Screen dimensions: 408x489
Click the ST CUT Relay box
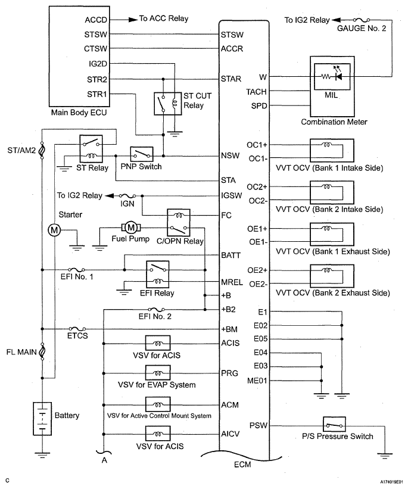pyautogui.click(x=168, y=104)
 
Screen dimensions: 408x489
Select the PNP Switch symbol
pyautogui.click(x=142, y=154)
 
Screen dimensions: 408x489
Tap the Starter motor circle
pyautogui.click(x=54, y=230)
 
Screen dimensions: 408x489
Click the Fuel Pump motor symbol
pyautogui.click(x=131, y=228)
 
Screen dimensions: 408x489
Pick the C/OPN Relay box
pyautogui.click(x=179, y=223)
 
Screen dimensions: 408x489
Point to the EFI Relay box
pyautogui.click(x=158, y=274)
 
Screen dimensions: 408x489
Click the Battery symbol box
pyautogui.click(x=42, y=419)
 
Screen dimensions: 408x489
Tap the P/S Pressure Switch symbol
pyautogui.click(x=334, y=425)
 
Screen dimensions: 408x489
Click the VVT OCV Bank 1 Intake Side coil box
pyautogui.click(x=332, y=150)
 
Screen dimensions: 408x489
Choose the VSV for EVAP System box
pyautogui.click(x=158, y=373)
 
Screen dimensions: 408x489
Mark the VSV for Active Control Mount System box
pyautogui.click(x=158, y=404)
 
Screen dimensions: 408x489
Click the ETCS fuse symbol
pyautogui.click(x=77, y=329)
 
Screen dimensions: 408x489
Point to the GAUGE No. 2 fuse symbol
pyautogui.click(x=361, y=20)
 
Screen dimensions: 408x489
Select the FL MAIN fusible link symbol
pyautogui.click(x=42, y=351)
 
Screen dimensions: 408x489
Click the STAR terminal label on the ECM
pyautogui.click(x=231, y=79)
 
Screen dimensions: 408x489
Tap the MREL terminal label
pyautogui.click(x=232, y=282)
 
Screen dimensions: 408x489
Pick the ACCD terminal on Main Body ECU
pyautogui.click(x=96, y=20)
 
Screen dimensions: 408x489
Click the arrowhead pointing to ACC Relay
pyautogui.click(x=133, y=20)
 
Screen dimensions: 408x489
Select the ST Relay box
pyautogui.click(x=91, y=149)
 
